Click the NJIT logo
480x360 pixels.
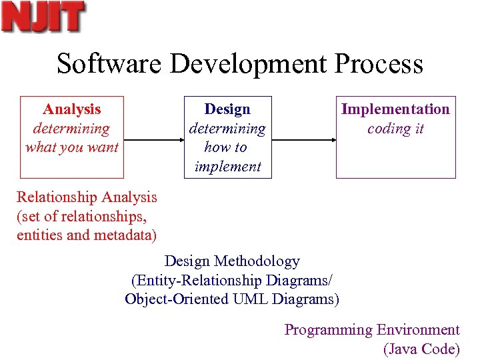tap(43, 17)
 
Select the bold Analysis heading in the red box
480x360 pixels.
tap(72, 109)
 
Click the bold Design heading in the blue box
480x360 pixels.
tap(227, 109)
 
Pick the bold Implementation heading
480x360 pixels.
tap(395, 109)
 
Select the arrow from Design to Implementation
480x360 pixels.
tap(303, 140)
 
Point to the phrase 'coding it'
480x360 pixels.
tap(395, 129)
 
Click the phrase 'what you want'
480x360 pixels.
tap(72, 147)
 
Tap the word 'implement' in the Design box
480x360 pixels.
tap(227, 167)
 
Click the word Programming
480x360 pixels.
tap(328, 330)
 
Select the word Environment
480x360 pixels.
tap(418, 330)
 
